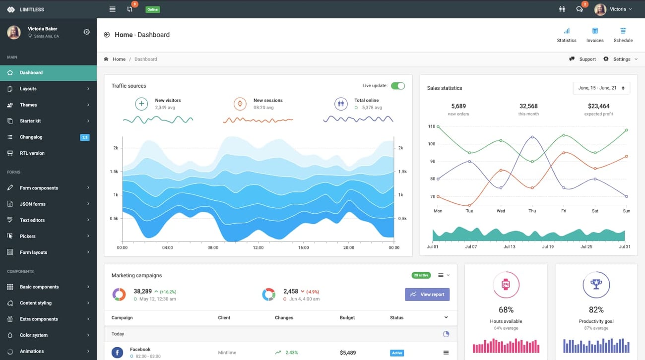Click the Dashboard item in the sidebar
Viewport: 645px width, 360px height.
(31, 73)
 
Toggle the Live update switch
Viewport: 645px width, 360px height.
(397, 86)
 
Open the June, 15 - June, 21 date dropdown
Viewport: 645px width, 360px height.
(601, 88)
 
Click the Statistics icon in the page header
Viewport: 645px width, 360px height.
(567, 31)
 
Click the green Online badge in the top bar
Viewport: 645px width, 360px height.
(153, 9)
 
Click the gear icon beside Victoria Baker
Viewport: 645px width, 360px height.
(87, 32)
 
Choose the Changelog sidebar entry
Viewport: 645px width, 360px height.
(31, 137)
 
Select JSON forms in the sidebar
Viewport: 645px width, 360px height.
(33, 204)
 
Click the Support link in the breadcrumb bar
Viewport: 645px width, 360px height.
(583, 59)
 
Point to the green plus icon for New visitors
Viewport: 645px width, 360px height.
(141, 104)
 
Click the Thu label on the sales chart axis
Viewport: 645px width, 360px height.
(532, 211)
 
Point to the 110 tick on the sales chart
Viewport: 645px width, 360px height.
(431, 126)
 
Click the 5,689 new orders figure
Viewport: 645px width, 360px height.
(458, 106)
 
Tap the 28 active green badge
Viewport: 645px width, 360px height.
(421, 275)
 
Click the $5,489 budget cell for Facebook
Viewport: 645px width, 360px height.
(348, 353)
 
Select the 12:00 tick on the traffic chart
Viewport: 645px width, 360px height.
(258, 247)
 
